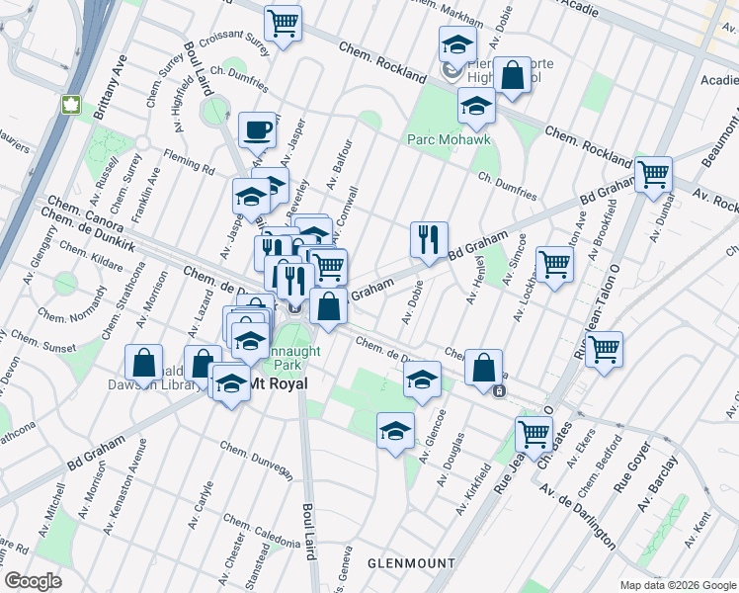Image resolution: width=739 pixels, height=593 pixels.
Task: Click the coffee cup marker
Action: (x=257, y=130)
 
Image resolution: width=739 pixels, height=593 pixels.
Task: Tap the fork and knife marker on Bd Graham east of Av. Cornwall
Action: (x=429, y=240)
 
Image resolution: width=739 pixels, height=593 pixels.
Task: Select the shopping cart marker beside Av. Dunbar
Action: (x=653, y=176)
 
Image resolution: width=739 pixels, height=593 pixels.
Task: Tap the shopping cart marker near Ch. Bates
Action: (x=534, y=434)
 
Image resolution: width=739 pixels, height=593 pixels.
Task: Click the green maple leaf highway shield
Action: (x=71, y=105)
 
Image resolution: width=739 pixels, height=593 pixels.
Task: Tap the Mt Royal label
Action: (x=277, y=383)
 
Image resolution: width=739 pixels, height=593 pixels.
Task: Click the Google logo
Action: (x=34, y=581)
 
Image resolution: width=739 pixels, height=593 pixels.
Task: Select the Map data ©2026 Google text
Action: (x=677, y=585)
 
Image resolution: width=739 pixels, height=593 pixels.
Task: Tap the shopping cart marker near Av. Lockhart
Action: (x=554, y=265)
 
